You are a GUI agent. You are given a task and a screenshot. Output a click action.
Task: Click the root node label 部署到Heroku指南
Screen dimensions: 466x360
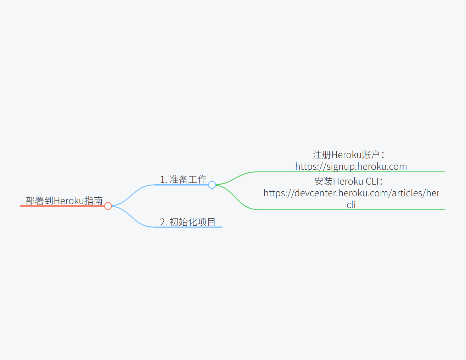point(64,201)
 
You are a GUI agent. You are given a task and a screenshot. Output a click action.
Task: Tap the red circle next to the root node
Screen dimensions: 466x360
point(108,206)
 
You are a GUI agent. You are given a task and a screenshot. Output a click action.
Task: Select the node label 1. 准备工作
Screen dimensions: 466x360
point(183,179)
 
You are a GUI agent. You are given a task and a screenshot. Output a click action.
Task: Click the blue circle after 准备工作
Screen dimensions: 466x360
point(212,185)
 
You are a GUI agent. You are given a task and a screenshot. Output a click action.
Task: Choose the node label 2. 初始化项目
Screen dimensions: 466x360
point(188,222)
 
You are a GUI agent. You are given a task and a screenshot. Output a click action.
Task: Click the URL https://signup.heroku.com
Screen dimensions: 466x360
point(351,166)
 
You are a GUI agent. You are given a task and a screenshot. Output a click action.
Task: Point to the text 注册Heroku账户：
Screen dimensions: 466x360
point(348,155)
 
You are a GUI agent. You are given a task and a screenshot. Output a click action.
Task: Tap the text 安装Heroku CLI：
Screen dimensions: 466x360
point(348,181)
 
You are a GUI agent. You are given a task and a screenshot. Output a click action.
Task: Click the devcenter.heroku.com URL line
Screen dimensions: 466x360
point(351,193)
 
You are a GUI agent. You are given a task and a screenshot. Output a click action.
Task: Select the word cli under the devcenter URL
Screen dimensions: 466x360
point(351,204)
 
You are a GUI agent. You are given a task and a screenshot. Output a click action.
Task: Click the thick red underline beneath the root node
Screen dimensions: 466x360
point(62,206)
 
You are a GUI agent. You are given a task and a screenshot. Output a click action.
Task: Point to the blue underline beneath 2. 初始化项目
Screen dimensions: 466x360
point(188,227)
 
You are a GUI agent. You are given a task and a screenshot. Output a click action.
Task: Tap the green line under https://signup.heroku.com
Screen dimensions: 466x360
point(351,172)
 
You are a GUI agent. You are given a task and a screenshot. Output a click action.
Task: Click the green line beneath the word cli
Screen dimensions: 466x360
point(351,210)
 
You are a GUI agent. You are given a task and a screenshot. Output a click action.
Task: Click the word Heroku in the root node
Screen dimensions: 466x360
point(69,201)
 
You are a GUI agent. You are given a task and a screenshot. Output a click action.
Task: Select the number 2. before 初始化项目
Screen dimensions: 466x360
point(163,222)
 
